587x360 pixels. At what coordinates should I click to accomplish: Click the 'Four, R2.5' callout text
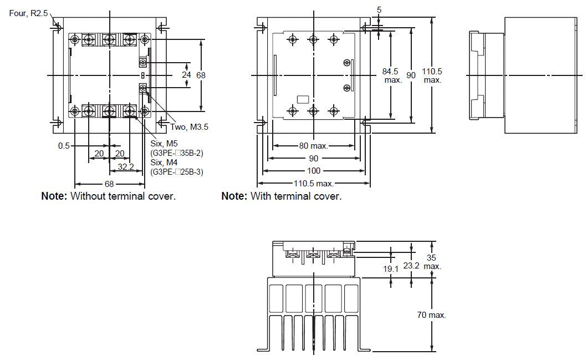pos(28,13)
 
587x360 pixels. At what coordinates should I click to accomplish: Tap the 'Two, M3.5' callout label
pos(189,127)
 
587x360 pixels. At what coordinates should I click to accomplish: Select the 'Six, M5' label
pos(164,144)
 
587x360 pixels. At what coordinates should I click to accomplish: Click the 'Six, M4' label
pos(164,163)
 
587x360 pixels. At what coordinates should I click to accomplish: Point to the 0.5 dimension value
pos(64,146)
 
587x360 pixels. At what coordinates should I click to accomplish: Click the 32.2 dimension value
pos(126,167)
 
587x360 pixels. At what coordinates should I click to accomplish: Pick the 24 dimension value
pos(186,75)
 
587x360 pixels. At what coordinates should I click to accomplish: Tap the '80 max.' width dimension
pos(313,146)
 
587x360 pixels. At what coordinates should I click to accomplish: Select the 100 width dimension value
pos(314,171)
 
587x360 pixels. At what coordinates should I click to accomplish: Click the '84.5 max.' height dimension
pos(391,75)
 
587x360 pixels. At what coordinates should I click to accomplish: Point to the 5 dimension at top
pos(379,10)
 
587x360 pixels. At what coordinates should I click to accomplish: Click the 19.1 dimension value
pos(390,269)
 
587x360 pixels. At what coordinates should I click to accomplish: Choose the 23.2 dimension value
pos(411,266)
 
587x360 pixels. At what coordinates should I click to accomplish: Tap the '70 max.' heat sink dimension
pos(431,315)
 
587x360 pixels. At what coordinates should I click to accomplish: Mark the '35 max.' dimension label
pos(432,262)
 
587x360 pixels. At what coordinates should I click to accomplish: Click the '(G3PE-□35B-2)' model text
pos(177,153)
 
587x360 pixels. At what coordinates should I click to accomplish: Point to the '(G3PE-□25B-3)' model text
pos(177,173)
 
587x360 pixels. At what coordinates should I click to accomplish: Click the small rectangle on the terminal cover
pos(303,99)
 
